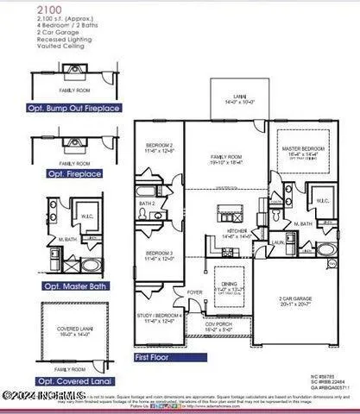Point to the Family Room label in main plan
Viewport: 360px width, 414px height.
click(x=227, y=157)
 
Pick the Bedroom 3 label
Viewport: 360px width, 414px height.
click(x=160, y=255)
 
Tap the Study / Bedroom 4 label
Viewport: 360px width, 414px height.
click(x=160, y=318)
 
